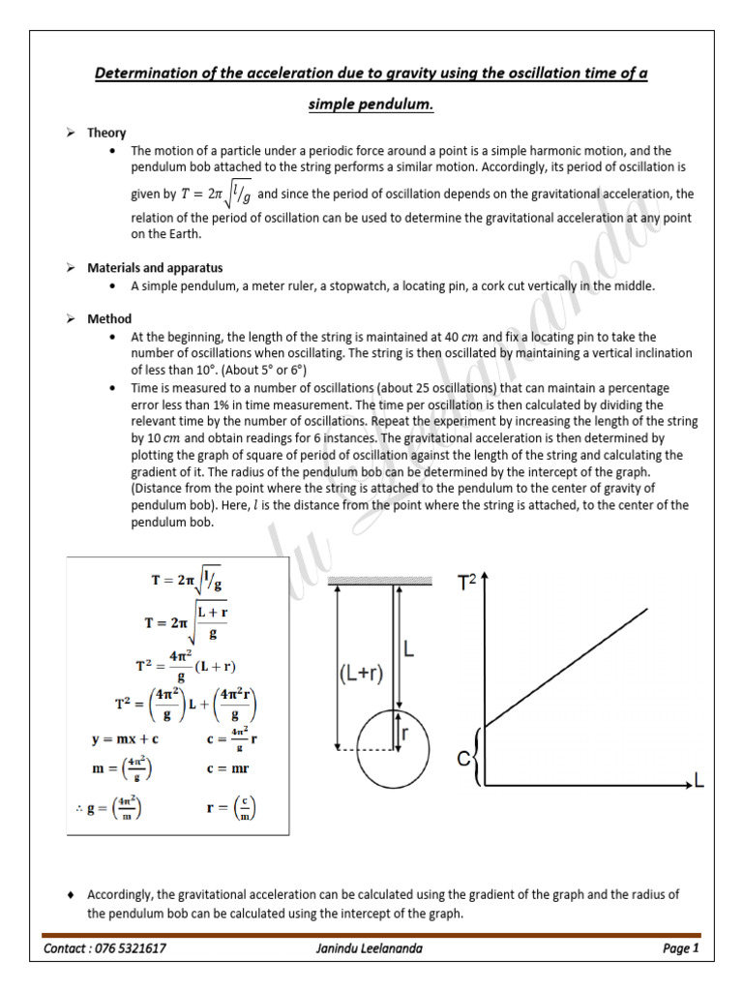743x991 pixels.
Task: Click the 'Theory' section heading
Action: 106,133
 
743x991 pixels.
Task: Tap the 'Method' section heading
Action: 109,318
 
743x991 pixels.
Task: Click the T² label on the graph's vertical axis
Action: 468,583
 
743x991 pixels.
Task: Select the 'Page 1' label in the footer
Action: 680,948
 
